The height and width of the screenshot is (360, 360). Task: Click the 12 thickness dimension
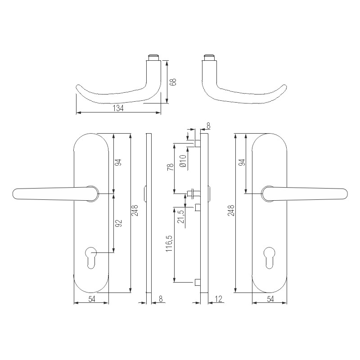(219, 299)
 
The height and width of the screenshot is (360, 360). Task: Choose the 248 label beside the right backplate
(231, 210)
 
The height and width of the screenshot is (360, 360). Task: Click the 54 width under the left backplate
(91, 299)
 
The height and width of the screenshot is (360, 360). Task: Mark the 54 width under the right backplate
(270, 299)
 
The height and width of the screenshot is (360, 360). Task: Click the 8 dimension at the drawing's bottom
(161, 299)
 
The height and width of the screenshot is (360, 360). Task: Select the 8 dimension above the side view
(208, 126)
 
